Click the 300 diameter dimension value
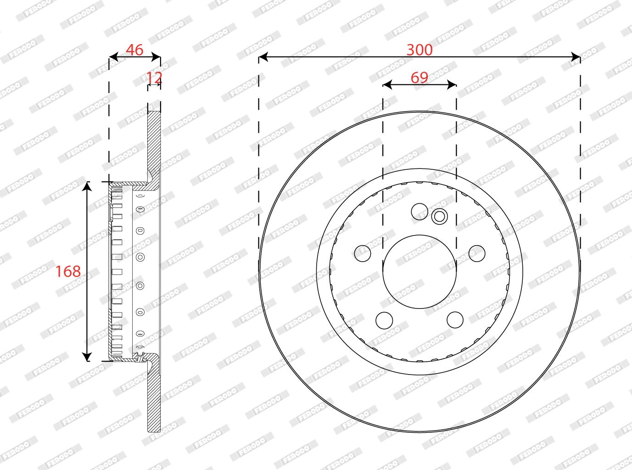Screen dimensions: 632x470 419,50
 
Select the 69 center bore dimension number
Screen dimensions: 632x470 419,78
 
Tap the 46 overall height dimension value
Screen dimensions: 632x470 134,50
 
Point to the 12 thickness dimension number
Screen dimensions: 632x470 154,78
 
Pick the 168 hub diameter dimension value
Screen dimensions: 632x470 68,271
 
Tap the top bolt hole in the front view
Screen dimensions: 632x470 419,212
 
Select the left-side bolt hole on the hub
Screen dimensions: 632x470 363,253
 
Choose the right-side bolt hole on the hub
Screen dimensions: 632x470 477,253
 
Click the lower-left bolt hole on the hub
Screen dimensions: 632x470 384,320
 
